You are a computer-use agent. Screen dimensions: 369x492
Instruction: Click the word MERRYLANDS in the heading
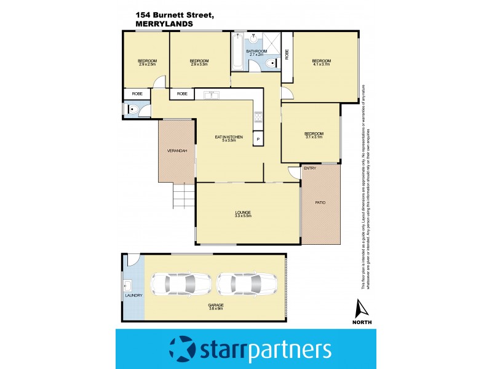point(164,24)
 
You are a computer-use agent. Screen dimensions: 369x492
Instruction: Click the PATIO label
point(320,202)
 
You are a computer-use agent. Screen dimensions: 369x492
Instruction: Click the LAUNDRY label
point(133,295)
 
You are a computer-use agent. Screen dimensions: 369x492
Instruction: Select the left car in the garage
point(173,284)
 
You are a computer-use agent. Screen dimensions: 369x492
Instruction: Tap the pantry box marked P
point(258,139)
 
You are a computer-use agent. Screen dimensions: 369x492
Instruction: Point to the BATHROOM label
point(256,52)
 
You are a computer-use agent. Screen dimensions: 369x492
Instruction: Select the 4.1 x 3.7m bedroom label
point(321,61)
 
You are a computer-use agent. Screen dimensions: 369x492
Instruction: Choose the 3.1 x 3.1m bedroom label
point(313,135)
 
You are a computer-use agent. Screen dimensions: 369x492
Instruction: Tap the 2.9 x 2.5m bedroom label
point(147,61)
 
